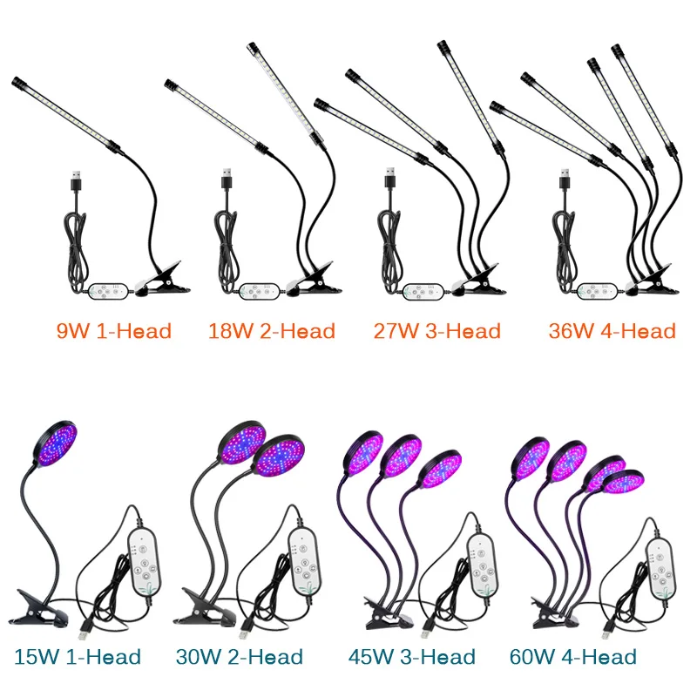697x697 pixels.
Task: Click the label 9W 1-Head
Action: (x=114, y=330)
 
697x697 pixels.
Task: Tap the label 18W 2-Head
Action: (x=272, y=330)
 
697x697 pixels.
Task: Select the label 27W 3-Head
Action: (x=437, y=330)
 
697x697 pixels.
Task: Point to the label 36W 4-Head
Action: (x=612, y=330)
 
